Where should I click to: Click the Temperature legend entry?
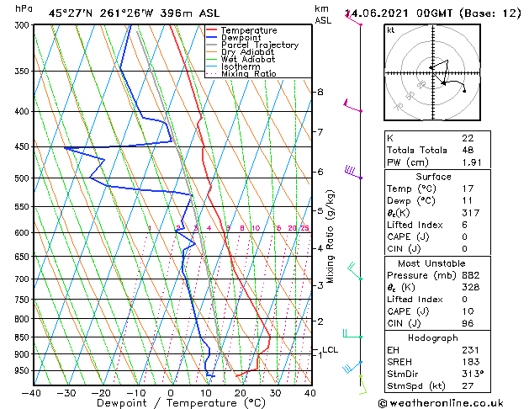point(248,30)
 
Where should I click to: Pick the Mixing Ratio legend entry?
point(249,74)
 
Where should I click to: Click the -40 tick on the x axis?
point(32,392)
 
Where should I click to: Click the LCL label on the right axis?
point(330,350)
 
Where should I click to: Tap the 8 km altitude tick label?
point(320,92)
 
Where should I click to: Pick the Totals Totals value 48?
point(468,150)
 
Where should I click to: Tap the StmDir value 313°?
point(472,374)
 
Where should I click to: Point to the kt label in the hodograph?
point(391,29)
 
